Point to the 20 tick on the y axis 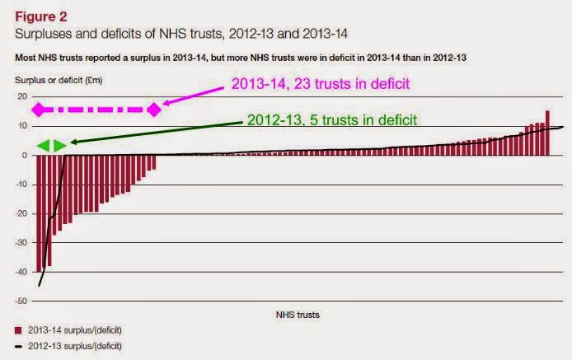pos(23,96)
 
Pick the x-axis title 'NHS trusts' pos(294,315)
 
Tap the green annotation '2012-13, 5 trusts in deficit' pos(331,119)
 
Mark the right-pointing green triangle pos(59,146)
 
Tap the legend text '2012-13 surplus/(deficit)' pos(72,345)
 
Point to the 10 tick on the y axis pos(23,126)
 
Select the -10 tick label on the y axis pos(21,184)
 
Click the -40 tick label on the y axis pos(21,272)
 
